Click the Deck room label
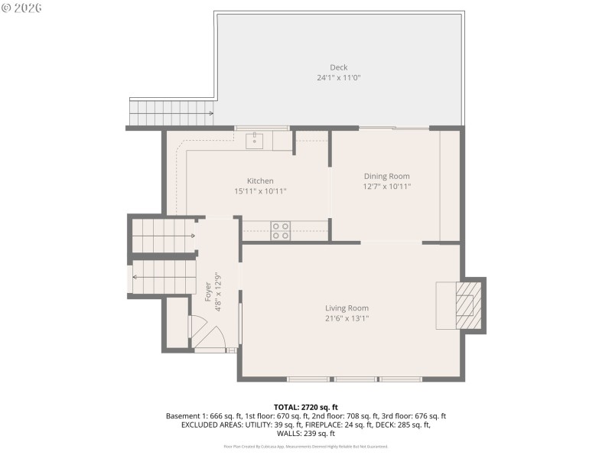coord(338,67)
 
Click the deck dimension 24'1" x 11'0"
coord(338,78)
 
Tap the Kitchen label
coord(260,181)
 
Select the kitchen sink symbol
coord(255,139)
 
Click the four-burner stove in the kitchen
coord(281,230)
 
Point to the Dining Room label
coord(386,176)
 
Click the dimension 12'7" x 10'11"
coord(386,186)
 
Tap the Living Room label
coord(347,308)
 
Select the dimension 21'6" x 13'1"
coord(347,318)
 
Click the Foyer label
coord(207,292)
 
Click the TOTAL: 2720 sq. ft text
coord(306,407)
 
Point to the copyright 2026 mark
coord(22,8)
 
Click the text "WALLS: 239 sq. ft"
coord(306,434)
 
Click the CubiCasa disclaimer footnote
coord(306,446)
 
